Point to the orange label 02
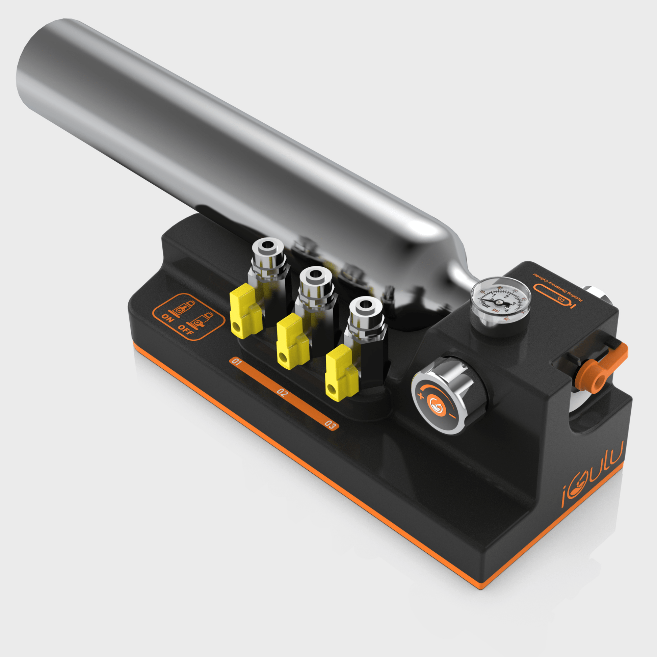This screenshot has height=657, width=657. tap(282, 392)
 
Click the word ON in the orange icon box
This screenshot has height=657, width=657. tap(168, 318)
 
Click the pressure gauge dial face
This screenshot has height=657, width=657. tap(500, 300)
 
